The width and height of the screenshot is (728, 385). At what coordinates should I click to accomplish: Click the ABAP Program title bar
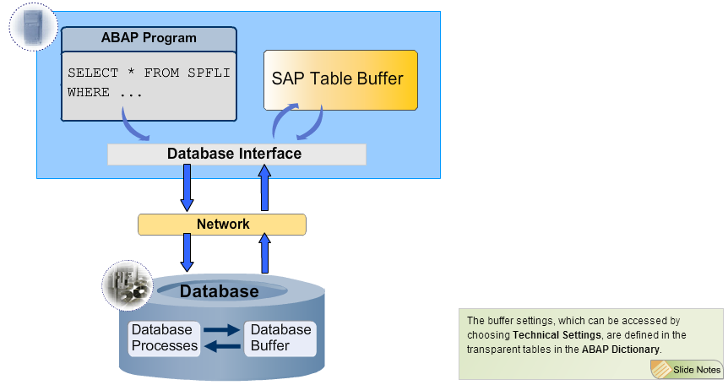tap(149, 38)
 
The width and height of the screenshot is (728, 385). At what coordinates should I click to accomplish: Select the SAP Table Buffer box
tap(340, 79)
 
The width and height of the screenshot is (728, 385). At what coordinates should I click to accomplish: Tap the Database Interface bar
tap(236, 154)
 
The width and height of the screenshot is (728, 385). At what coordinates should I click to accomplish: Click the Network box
tap(222, 224)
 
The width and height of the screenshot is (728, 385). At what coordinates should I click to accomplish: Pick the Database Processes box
tap(164, 338)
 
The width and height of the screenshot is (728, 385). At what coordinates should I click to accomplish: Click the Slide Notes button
tap(687, 369)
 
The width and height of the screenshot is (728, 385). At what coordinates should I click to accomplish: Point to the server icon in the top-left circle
tap(33, 27)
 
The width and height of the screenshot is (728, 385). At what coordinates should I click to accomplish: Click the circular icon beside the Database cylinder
tap(127, 285)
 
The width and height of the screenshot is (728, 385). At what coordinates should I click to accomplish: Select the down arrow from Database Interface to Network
tap(187, 187)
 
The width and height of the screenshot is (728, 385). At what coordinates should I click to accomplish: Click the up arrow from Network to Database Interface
tap(264, 187)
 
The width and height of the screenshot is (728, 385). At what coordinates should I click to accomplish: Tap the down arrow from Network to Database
tap(187, 252)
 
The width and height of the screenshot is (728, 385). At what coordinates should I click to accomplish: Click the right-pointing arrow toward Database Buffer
tap(222, 330)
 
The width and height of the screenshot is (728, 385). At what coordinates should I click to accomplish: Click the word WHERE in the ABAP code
tap(89, 92)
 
